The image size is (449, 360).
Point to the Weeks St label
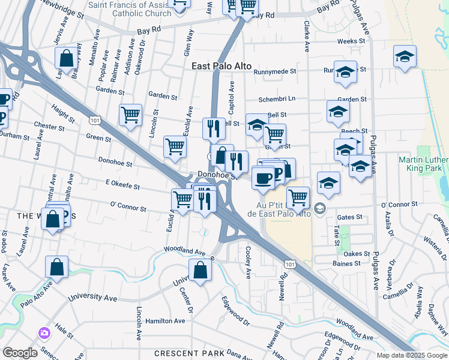pyautogui.click(x=351, y=41)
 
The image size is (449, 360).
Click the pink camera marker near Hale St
pyautogui.click(x=43, y=333)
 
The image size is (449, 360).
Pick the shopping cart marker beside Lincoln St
pyautogui.click(x=130, y=114)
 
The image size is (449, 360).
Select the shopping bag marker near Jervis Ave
pyautogui.click(x=66, y=59)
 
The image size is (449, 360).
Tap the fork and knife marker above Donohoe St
pyautogui.click(x=214, y=128)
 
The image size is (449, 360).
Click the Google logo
pyautogui.click(x=20, y=353)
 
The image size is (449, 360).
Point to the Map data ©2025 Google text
pyautogui.click(x=411, y=355)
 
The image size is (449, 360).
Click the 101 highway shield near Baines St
pyautogui.click(x=291, y=263)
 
